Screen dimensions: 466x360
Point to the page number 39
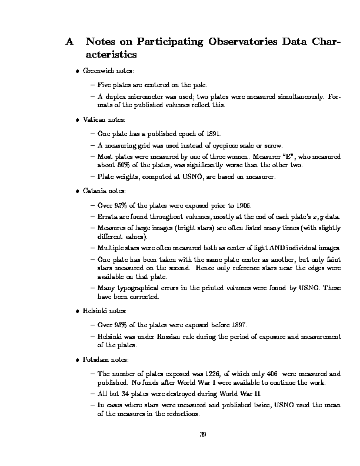coord(202,435)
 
